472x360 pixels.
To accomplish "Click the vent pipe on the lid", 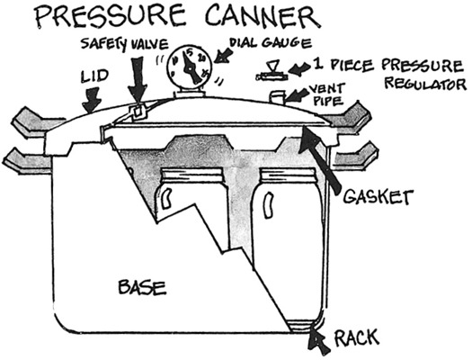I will click(x=279, y=95).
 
